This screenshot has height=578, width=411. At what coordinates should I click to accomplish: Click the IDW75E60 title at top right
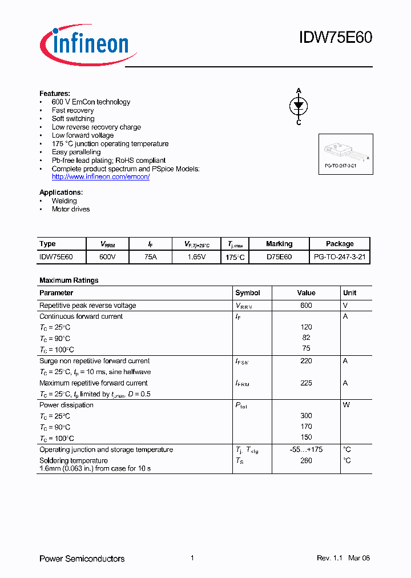[x=335, y=38]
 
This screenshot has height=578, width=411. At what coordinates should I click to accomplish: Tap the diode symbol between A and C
[x=299, y=106]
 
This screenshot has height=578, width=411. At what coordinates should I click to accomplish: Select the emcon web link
[x=100, y=177]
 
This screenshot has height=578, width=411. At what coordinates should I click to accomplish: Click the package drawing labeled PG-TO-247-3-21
[x=345, y=152]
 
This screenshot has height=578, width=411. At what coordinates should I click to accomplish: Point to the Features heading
[x=55, y=93]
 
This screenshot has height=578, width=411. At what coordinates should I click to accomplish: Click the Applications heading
[x=61, y=192]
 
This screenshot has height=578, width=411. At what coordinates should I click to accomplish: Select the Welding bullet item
[x=64, y=201]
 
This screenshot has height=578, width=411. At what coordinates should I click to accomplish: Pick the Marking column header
[x=279, y=244]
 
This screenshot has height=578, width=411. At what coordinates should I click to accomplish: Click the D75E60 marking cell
[x=279, y=257]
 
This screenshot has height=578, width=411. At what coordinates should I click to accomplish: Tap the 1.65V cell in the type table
[x=197, y=257]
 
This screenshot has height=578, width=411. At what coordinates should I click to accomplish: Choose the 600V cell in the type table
[x=107, y=257]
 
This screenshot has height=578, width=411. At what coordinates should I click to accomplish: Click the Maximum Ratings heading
[x=68, y=280]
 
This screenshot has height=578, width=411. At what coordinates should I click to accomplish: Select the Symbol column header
[x=248, y=292]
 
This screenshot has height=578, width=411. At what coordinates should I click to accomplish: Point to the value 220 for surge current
[x=306, y=361]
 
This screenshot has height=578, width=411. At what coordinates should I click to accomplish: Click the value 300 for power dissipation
[x=306, y=416]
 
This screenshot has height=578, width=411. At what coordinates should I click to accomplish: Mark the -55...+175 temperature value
[x=306, y=449]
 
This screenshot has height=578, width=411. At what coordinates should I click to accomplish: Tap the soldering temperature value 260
[x=306, y=460]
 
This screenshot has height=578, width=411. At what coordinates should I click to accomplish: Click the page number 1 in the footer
[x=192, y=558]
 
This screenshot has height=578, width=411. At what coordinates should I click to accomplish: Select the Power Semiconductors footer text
[x=82, y=559]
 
